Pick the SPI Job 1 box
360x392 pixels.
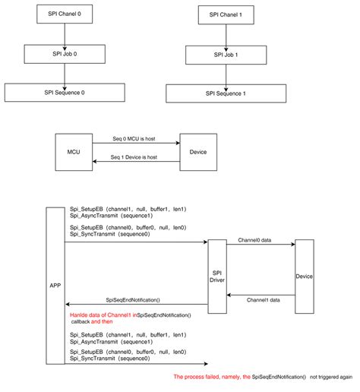tap(226, 55)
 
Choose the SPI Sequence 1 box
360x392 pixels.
tap(226, 93)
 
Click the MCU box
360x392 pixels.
tap(73, 151)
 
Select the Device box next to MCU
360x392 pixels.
tap(197, 151)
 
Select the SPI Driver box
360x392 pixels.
tap(217, 275)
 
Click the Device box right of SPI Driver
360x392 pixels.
tap(305, 277)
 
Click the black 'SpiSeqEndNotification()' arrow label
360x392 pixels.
tap(138, 300)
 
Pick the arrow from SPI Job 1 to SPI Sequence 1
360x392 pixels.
tap(226, 74)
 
